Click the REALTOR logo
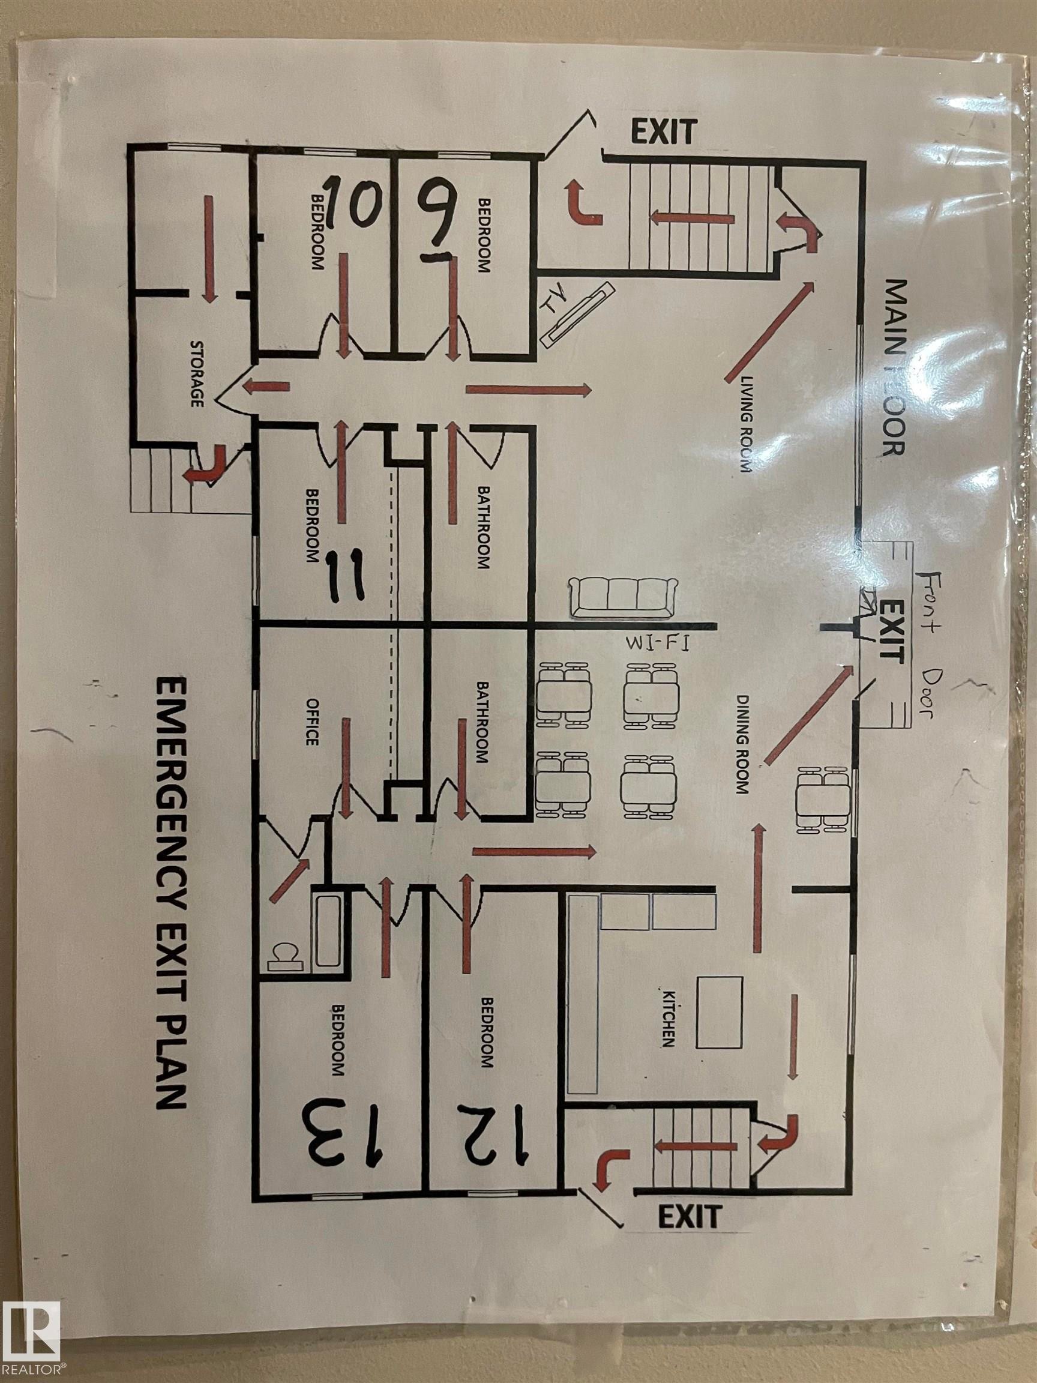[x=31, y=1343]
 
